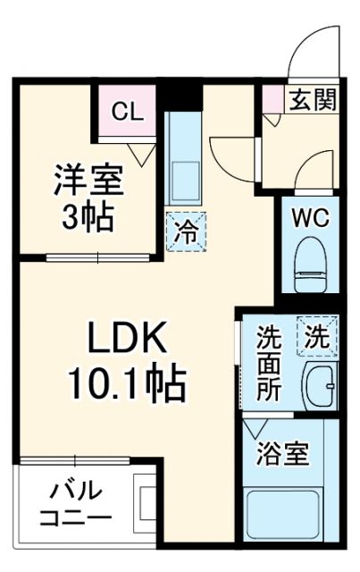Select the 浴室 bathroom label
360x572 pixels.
(285, 454)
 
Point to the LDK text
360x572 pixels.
(126, 340)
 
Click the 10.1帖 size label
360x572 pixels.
(127, 385)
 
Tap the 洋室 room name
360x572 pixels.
(86, 178)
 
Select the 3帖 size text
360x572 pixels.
(86, 215)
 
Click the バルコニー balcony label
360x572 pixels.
(76, 505)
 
